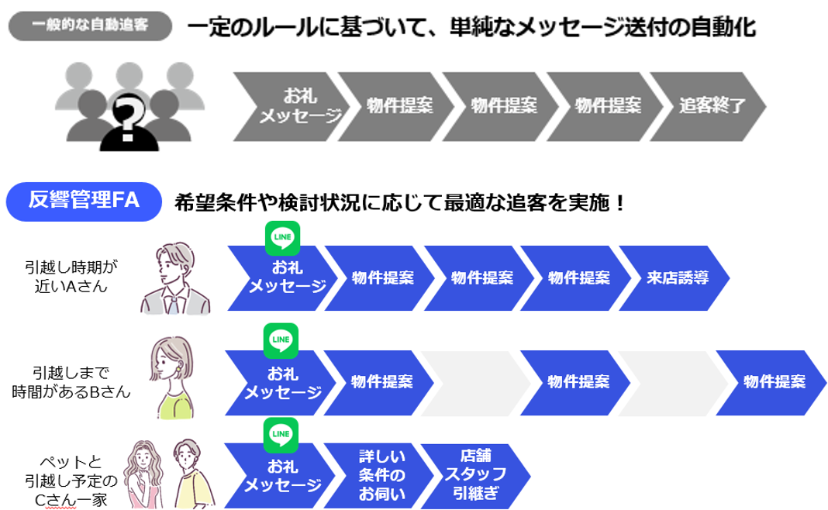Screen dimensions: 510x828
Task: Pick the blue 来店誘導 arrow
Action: pos(676,277)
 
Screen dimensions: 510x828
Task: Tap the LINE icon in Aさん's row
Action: pos(282,238)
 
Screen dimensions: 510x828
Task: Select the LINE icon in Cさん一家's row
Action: pos(282,434)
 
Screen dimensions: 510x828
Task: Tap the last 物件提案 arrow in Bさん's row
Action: pos(771,382)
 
